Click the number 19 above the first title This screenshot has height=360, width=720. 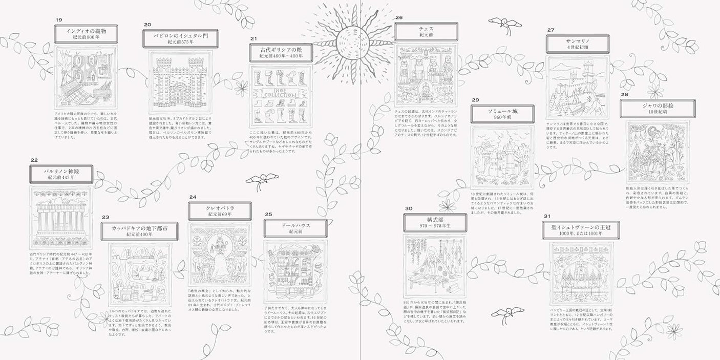(x=59, y=20)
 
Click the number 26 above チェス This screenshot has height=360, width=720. (x=399, y=17)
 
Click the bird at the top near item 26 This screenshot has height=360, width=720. (x=501, y=21)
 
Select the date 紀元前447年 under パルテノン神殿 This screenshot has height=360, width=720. (x=61, y=178)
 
